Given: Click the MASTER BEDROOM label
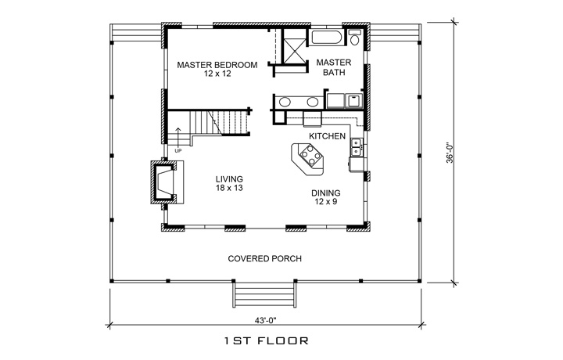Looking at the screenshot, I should pos(217,64).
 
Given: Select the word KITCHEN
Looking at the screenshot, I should pos(327,136).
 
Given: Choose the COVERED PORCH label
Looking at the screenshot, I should pos(265,259).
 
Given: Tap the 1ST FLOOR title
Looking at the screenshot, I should pos(265,341).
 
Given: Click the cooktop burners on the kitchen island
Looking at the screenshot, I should pos(311,159).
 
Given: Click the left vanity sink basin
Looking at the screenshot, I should pos(287,101).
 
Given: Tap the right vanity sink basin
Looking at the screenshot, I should pos(313,101).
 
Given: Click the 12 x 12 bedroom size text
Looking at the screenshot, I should pos(217,74).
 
